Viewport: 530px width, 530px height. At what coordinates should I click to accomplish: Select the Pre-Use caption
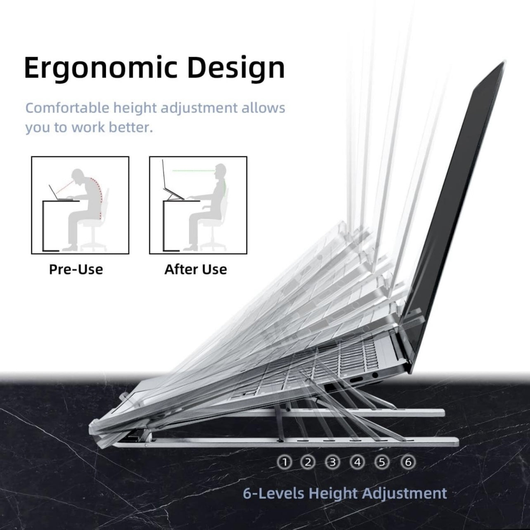[76, 270]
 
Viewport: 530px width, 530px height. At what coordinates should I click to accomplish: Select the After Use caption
[196, 270]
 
